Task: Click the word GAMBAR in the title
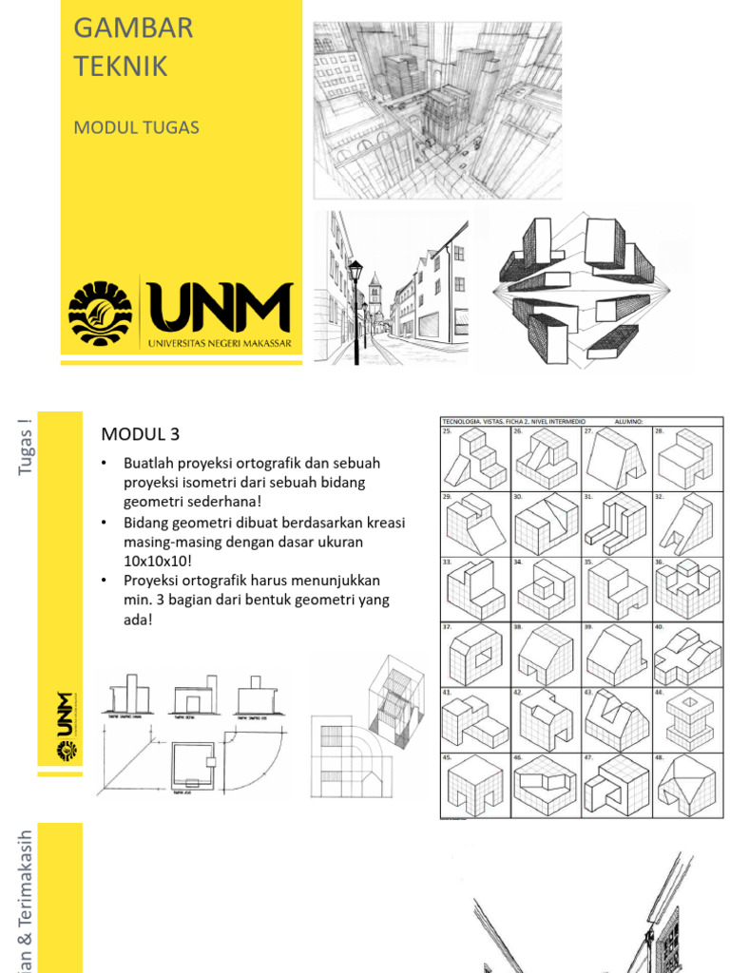click(133, 29)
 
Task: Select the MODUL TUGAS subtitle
click(136, 127)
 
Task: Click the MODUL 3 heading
click(140, 435)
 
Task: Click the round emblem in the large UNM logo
click(101, 313)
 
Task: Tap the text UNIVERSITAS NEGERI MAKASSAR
click(219, 343)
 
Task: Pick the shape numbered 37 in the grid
click(475, 656)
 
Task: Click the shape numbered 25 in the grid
click(475, 461)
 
